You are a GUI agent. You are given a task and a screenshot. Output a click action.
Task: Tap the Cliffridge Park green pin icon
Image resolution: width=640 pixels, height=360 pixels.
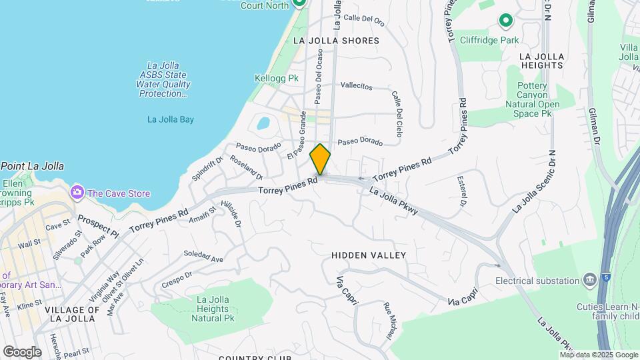505,21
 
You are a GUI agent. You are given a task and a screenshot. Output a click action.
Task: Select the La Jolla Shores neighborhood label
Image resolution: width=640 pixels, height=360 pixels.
336,41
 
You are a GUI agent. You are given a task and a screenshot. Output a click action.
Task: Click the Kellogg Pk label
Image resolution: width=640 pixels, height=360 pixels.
273,78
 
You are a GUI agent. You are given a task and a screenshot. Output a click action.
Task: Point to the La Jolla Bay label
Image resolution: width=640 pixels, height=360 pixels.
170,120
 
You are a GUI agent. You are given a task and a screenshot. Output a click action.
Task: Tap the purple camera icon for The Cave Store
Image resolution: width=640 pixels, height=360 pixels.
77,193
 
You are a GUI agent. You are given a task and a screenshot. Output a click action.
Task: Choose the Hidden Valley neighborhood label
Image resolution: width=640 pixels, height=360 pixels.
369,255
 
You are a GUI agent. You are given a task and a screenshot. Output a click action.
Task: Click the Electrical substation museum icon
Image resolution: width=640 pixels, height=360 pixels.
589,279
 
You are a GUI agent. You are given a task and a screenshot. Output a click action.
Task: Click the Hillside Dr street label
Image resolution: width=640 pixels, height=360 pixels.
234,213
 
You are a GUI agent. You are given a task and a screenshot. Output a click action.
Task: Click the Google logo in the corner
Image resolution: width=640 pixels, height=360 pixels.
22,352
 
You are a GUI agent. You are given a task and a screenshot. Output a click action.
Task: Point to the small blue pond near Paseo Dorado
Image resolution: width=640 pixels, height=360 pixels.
263,123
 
